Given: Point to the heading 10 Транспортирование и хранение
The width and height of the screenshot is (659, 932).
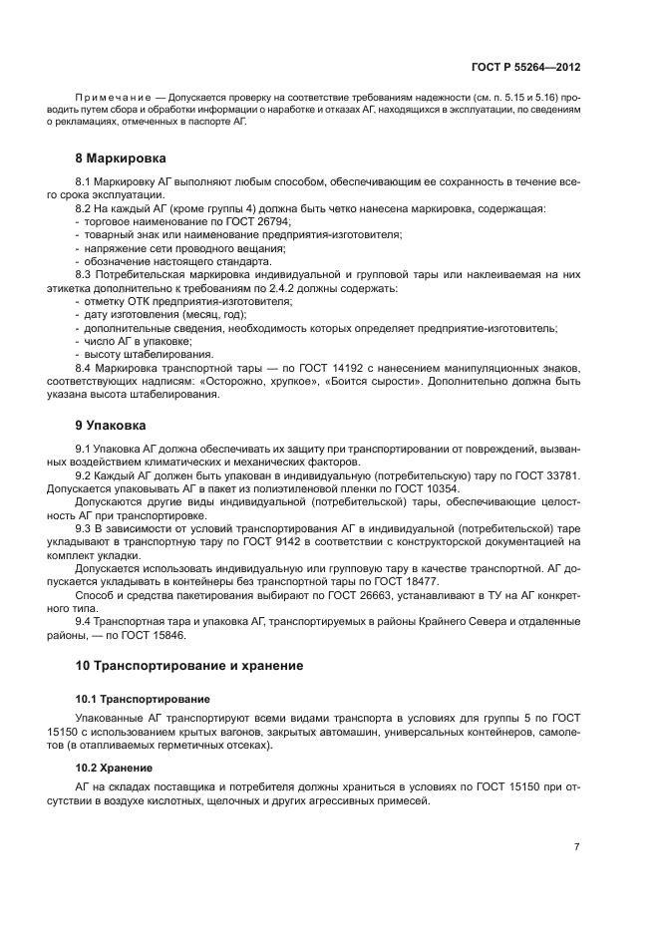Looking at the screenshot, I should pyautogui.click(x=189, y=664).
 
